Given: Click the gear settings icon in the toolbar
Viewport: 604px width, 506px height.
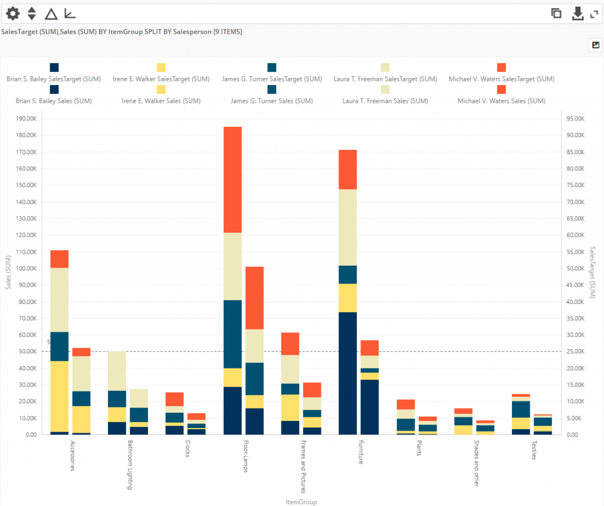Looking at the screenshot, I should click(x=12, y=13).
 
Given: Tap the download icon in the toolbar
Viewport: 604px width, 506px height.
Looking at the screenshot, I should click(x=578, y=13).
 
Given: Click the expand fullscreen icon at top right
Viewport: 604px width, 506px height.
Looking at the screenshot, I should click(x=595, y=13).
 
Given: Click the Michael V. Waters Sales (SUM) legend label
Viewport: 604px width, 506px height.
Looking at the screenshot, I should click(x=501, y=101).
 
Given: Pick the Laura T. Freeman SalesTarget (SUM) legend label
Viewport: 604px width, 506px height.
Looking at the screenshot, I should click(x=385, y=79).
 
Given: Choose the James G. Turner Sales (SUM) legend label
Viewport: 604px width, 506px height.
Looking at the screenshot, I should click(x=271, y=101).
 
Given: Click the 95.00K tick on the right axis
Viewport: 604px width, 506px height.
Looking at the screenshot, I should click(x=575, y=119).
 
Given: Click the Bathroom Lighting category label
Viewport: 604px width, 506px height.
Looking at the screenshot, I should click(x=130, y=465).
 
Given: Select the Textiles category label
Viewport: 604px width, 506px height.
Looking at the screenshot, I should click(x=533, y=450).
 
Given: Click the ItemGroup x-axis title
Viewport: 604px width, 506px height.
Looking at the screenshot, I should click(x=301, y=502).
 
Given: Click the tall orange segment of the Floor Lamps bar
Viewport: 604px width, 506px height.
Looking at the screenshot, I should click(x=232, y=179).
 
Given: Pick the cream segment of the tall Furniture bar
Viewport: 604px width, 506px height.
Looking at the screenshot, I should click(x=347, y=227).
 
